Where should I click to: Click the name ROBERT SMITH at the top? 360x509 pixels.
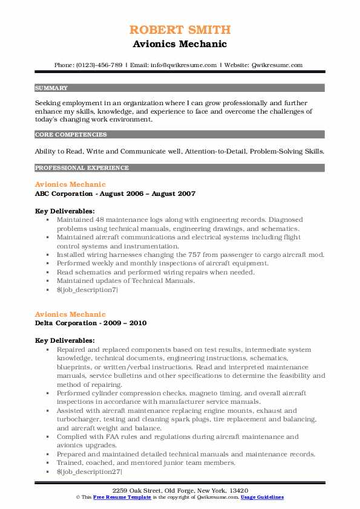pyautogui.click(x=180, y=30)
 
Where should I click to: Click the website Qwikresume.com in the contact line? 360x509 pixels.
pyautogui.click(x=277, y=65)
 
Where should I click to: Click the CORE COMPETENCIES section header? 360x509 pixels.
pyautogui.click(x=71, y=135)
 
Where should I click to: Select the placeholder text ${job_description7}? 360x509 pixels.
pyautogui.click(x=87, y=290)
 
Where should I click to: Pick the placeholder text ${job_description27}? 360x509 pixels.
pyautogui.click(x=89, y=471)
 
